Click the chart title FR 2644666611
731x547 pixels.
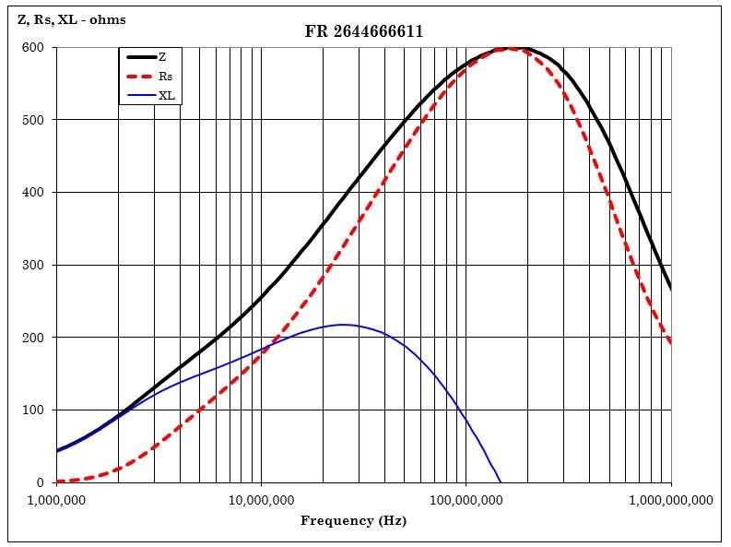(x=364, y=31)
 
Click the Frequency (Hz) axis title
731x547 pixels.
(x=353, y=521)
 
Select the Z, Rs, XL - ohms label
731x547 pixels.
(x=72, y=19)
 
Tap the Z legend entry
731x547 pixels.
(x=162, y=57)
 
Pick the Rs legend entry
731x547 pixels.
(x=165, y=77)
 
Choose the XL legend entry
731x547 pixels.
(x=166, y=95)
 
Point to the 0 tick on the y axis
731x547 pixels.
(x=41, y=483)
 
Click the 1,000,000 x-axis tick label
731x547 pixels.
(x=56, y=501)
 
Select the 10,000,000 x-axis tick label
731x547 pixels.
(x=261, y=501)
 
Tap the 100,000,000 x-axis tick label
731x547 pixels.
(x=466, y=501)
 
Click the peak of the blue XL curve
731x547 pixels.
(x=343, y=325)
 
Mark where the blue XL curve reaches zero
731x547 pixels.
(x=500, y=482)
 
